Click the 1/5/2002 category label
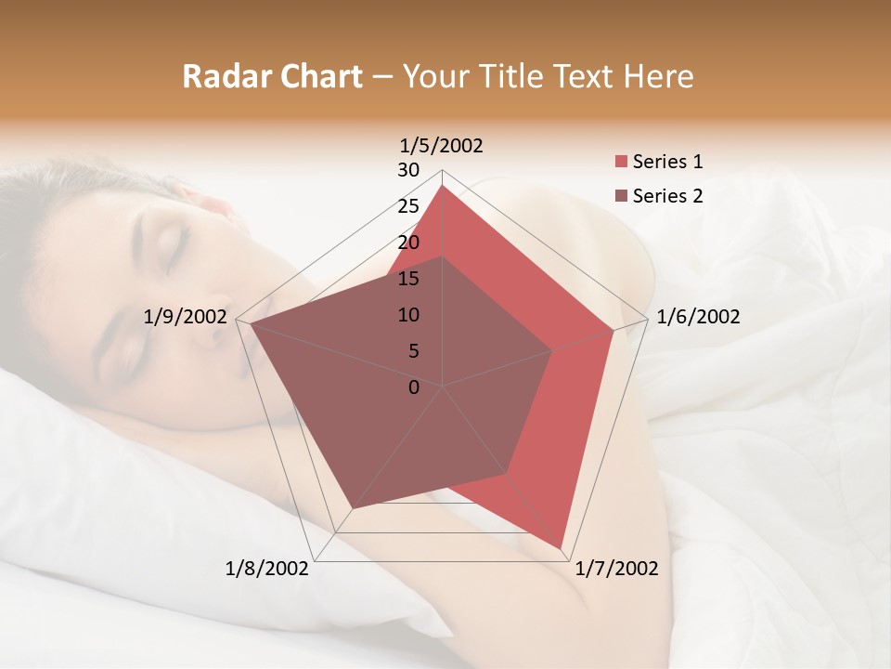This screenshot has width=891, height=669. [442, 146]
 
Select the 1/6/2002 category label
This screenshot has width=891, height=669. [698, 317]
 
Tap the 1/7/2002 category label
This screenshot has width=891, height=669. [616, 569]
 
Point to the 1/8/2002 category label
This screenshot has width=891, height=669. [267, 569]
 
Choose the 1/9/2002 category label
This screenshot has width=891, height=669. [186, 317]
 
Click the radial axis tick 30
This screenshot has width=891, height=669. [408, 170]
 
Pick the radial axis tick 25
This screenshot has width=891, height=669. [408, 206]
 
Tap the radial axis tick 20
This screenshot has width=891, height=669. [408, 243]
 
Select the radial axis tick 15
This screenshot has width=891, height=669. [408, 279]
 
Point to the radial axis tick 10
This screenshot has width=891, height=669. [408, 315]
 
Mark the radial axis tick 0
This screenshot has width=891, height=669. [414, 387]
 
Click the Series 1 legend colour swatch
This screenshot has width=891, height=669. [621, 162]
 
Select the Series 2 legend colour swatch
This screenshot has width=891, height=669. [621, 195]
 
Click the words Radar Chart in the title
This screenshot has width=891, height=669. [272, 76]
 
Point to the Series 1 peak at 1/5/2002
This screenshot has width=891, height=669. [443, 186]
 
